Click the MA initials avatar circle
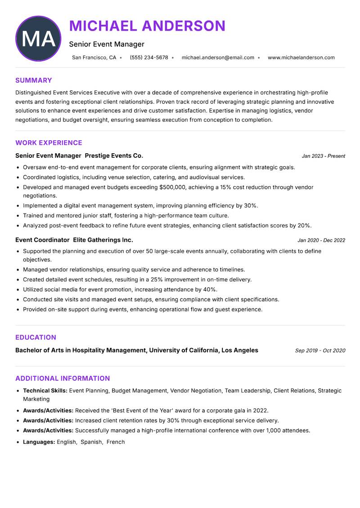pos(38,39)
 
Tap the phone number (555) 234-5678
pos(148,58)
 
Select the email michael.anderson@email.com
pos(218,58)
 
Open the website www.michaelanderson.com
pos(301,58)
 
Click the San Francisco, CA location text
pos(94,58)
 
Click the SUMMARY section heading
pos(34,80)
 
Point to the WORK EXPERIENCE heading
pos(49,143)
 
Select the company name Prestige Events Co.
pos(114,156)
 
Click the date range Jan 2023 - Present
pos(323,156)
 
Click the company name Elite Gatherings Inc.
pos(103,240)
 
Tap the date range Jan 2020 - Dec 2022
pos(321,241)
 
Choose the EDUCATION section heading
pos(36,338)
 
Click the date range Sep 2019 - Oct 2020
pos(320,351)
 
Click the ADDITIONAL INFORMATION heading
pos(63,379)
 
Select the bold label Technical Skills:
pos(45,391)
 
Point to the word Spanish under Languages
pos(91,442)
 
